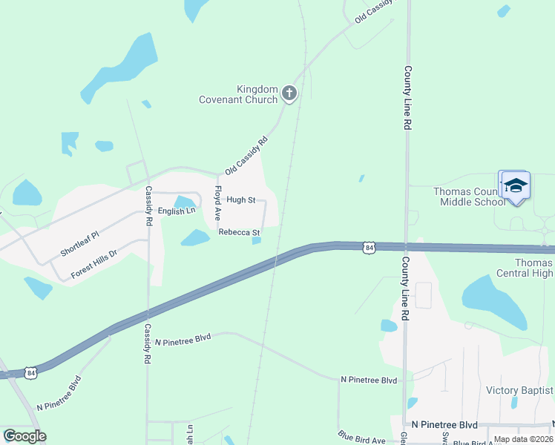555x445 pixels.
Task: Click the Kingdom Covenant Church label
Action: [237, 94]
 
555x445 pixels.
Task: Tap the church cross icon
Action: [289, 93]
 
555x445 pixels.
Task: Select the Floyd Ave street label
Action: [219, 203]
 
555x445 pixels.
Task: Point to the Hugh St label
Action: [241, 200]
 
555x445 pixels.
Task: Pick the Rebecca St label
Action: [239, 232]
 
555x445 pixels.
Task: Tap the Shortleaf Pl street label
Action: [79, 242]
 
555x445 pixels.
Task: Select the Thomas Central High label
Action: [534, 268]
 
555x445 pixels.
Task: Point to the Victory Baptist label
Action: [519, 390]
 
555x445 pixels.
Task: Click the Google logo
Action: [24, 436]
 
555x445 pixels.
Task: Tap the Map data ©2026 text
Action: [523, 439]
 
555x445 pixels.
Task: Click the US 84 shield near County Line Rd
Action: [369, 246]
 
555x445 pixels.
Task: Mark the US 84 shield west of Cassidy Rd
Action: [29, 371]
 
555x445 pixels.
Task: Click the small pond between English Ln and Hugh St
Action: [184, 202]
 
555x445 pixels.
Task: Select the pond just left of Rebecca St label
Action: [196, 237]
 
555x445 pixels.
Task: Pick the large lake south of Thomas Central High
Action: [494, 300]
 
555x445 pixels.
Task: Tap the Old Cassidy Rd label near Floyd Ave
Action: [246, 155]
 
